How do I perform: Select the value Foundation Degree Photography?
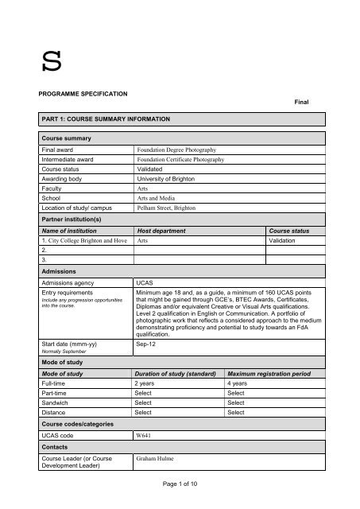coord(177,150)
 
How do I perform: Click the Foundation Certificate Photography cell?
coord(180,160)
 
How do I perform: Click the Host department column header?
coord(166,230)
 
